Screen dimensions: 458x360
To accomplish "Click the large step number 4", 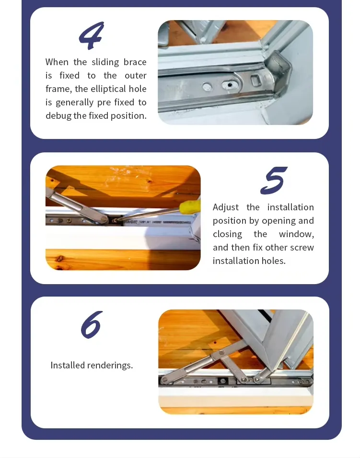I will click(92, 35).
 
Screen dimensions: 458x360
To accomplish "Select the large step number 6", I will click(92, 324).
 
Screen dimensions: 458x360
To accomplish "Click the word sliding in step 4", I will click(105, 62).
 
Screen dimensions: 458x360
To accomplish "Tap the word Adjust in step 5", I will click(226, 207).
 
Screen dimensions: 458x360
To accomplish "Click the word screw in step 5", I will click(302, 248).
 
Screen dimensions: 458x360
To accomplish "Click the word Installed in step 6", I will click(68, 366).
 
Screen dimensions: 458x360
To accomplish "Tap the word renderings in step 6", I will click(110, 366).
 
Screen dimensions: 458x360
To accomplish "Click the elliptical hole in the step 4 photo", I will click(230, 85).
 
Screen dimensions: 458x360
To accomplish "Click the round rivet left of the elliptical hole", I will click(207, 87).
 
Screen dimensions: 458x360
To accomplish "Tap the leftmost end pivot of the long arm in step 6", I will click(165, 380).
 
